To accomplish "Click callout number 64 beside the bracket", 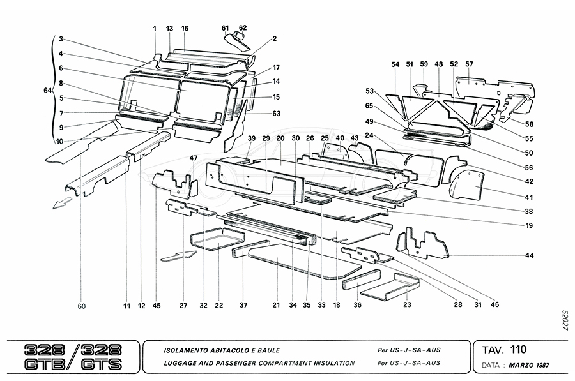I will (47, 91).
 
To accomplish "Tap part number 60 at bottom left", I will (81, 306).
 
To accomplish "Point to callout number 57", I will (469, 64).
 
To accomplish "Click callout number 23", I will (408, 306).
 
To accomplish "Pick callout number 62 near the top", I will (243, 28).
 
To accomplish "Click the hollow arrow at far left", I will (63, 204).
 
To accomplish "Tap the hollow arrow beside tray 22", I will (176, 256).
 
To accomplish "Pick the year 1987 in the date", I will (542, 366).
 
